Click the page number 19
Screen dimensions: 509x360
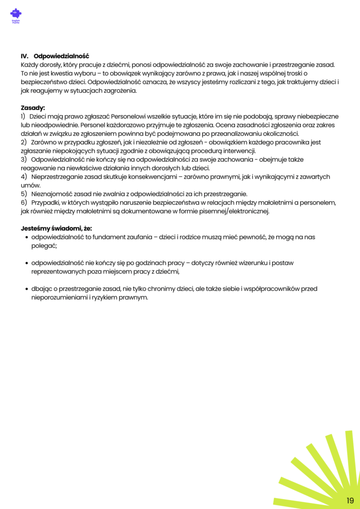(350, 500)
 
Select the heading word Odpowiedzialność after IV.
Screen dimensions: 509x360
(61, 56)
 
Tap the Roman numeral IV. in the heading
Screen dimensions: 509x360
(25, 56)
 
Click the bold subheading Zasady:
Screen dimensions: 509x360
(33, 108)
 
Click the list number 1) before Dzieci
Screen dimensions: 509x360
(23, 116)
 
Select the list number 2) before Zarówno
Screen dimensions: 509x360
(23, 142)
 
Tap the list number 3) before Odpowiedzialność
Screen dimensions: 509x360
(23, 160)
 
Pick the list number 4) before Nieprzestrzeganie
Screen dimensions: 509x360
(23, 176)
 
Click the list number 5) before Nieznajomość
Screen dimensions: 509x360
(23, 194)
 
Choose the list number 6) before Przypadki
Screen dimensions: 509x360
(23, 202)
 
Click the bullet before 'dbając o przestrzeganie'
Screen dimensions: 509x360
(26, 289)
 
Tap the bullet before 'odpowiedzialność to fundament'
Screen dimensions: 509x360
(26, 238)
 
